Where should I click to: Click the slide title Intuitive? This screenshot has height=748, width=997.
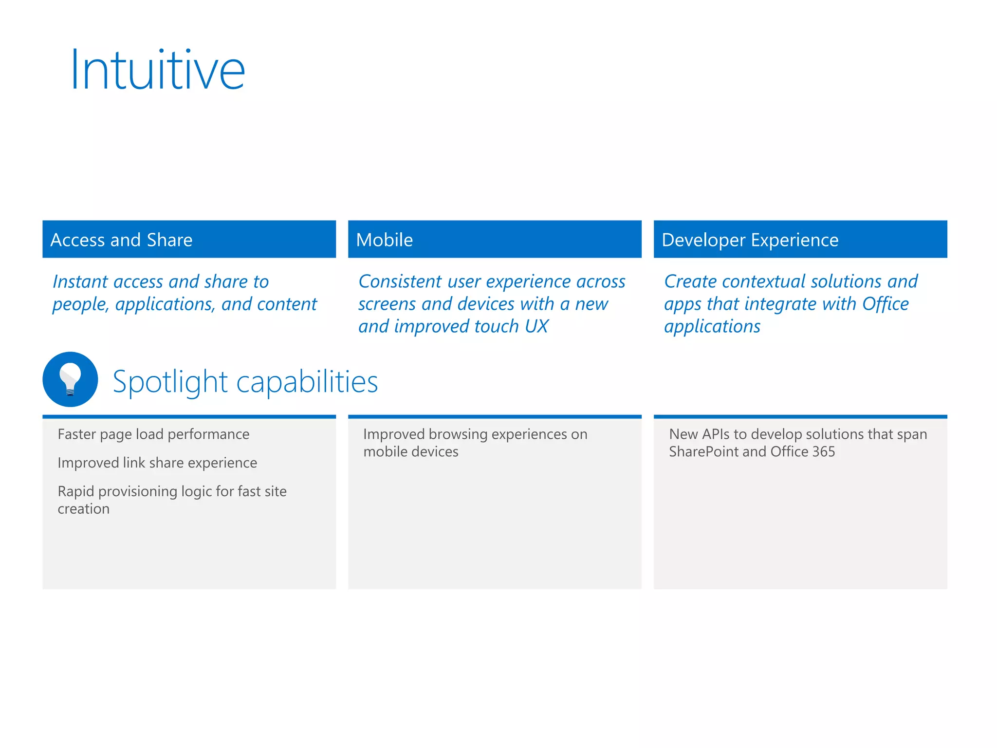click(157, 71)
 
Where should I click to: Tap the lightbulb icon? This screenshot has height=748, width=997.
click(70, 379)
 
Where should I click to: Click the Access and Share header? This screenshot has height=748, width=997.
click(121, 240)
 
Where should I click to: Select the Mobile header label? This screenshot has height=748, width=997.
click(384, 240)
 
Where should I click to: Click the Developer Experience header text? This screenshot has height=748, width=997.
click(750, 240)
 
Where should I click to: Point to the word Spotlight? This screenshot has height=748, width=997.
click(170, 382)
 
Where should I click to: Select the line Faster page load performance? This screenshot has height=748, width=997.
click(153, 434)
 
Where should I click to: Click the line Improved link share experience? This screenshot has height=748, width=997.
click(157, 463)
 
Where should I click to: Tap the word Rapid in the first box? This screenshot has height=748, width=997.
click(75, 491)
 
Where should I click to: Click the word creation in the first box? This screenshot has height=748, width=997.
click(83, 509)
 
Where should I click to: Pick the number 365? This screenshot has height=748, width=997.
click(823, 452)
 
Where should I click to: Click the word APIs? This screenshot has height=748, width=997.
click(716, 434)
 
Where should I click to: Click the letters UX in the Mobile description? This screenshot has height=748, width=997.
click(536, 326)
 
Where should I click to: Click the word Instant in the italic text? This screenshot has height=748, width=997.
click(80, 282)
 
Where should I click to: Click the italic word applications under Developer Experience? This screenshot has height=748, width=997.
click(712, 326)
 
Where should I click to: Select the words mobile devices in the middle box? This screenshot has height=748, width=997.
click(410, 452)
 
